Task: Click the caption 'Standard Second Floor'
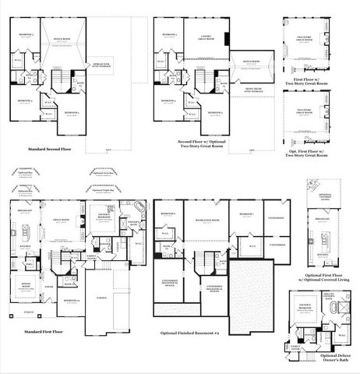point(54,148)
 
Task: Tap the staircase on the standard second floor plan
point(57,79)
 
